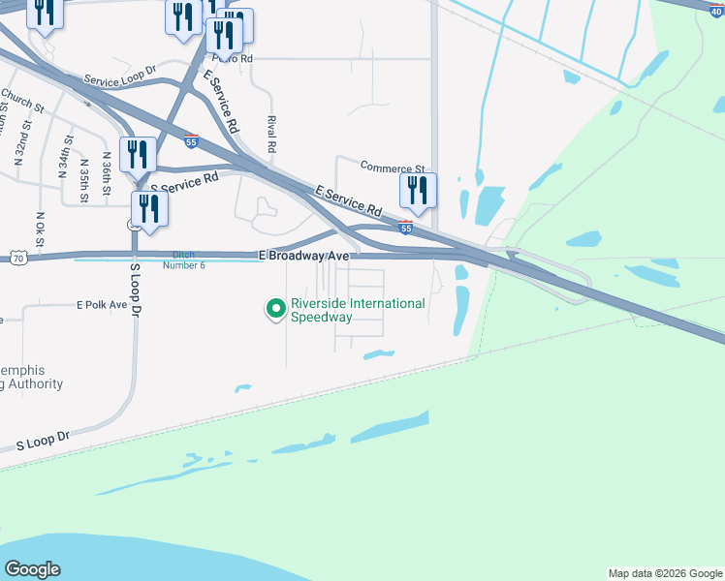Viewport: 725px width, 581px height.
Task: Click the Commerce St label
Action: [393, 168]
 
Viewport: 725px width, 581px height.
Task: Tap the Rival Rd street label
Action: [271, 135]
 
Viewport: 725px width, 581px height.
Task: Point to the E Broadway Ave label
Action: [303, 255]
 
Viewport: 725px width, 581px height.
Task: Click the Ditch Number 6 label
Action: [183, 259]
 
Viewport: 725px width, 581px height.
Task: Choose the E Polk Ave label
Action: [102, 304]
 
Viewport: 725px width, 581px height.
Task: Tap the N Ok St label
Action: [41, 229]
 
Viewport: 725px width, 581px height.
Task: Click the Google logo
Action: [32, 569]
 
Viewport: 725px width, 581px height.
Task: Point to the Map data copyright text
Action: [665, 573]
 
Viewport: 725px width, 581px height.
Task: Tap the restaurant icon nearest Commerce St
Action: [418, 190]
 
